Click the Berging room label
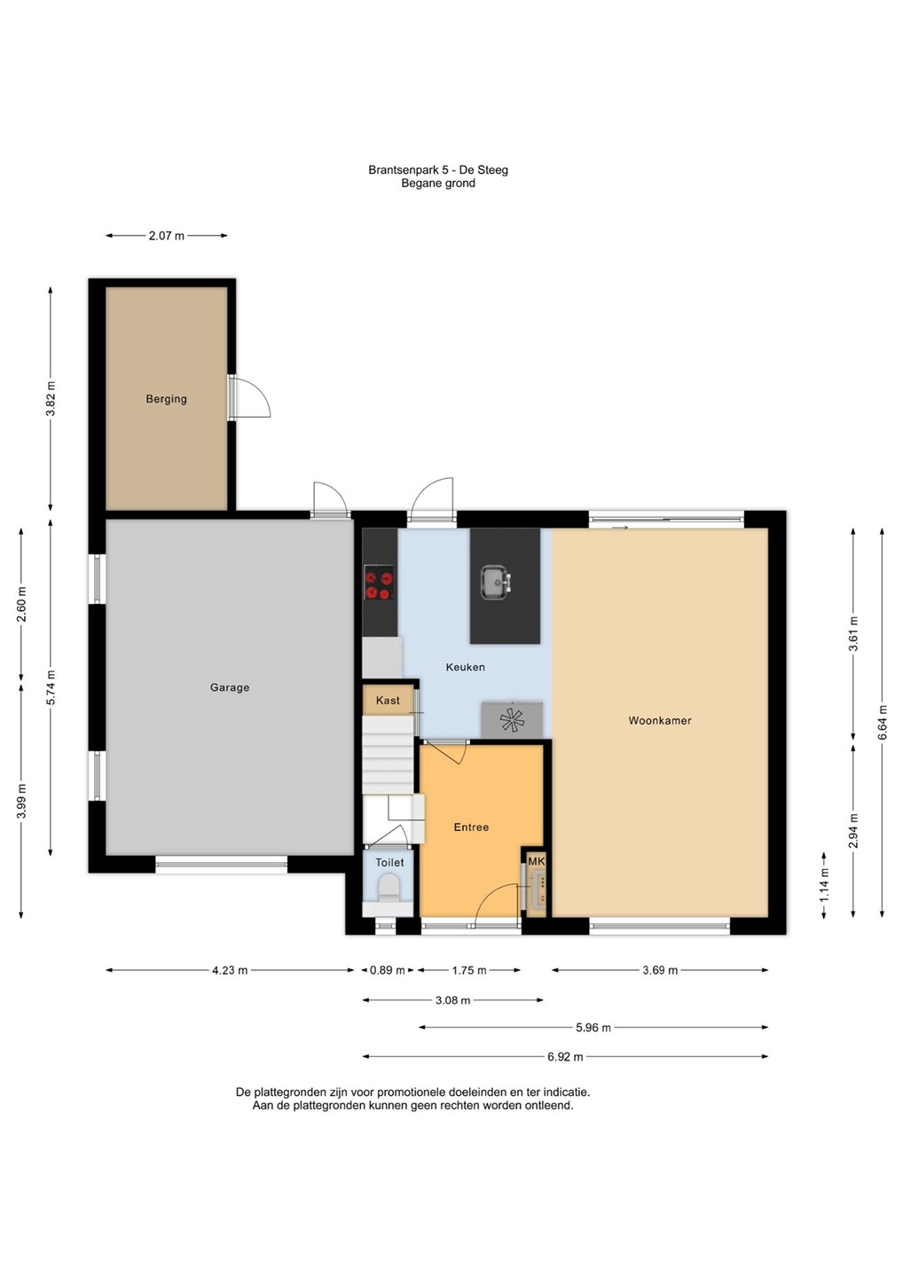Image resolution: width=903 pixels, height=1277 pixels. pos(166,399)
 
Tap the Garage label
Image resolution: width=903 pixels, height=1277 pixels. pos(230,687)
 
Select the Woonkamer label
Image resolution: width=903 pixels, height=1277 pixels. pos(660,721)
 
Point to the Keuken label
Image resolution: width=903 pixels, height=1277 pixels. pos(465,667)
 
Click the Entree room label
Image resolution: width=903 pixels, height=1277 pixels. pos(471,827)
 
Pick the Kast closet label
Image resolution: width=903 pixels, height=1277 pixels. pos(388,701)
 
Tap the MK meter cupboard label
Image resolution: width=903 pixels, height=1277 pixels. pos(537,861)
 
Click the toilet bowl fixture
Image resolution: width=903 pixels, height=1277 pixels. pos(389,890)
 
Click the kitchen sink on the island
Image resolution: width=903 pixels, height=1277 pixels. pos(495,582)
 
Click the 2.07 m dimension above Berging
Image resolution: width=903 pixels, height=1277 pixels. pos(167,236)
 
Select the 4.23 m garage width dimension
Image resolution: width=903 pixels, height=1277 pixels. pos(230,970)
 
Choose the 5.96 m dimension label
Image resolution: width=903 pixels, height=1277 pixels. pos(593,1027)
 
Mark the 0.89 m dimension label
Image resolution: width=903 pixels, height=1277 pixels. pos(387,970)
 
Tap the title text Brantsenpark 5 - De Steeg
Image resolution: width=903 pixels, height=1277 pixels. pos(438,170)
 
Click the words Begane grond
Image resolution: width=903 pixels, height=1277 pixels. pos(438,184)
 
